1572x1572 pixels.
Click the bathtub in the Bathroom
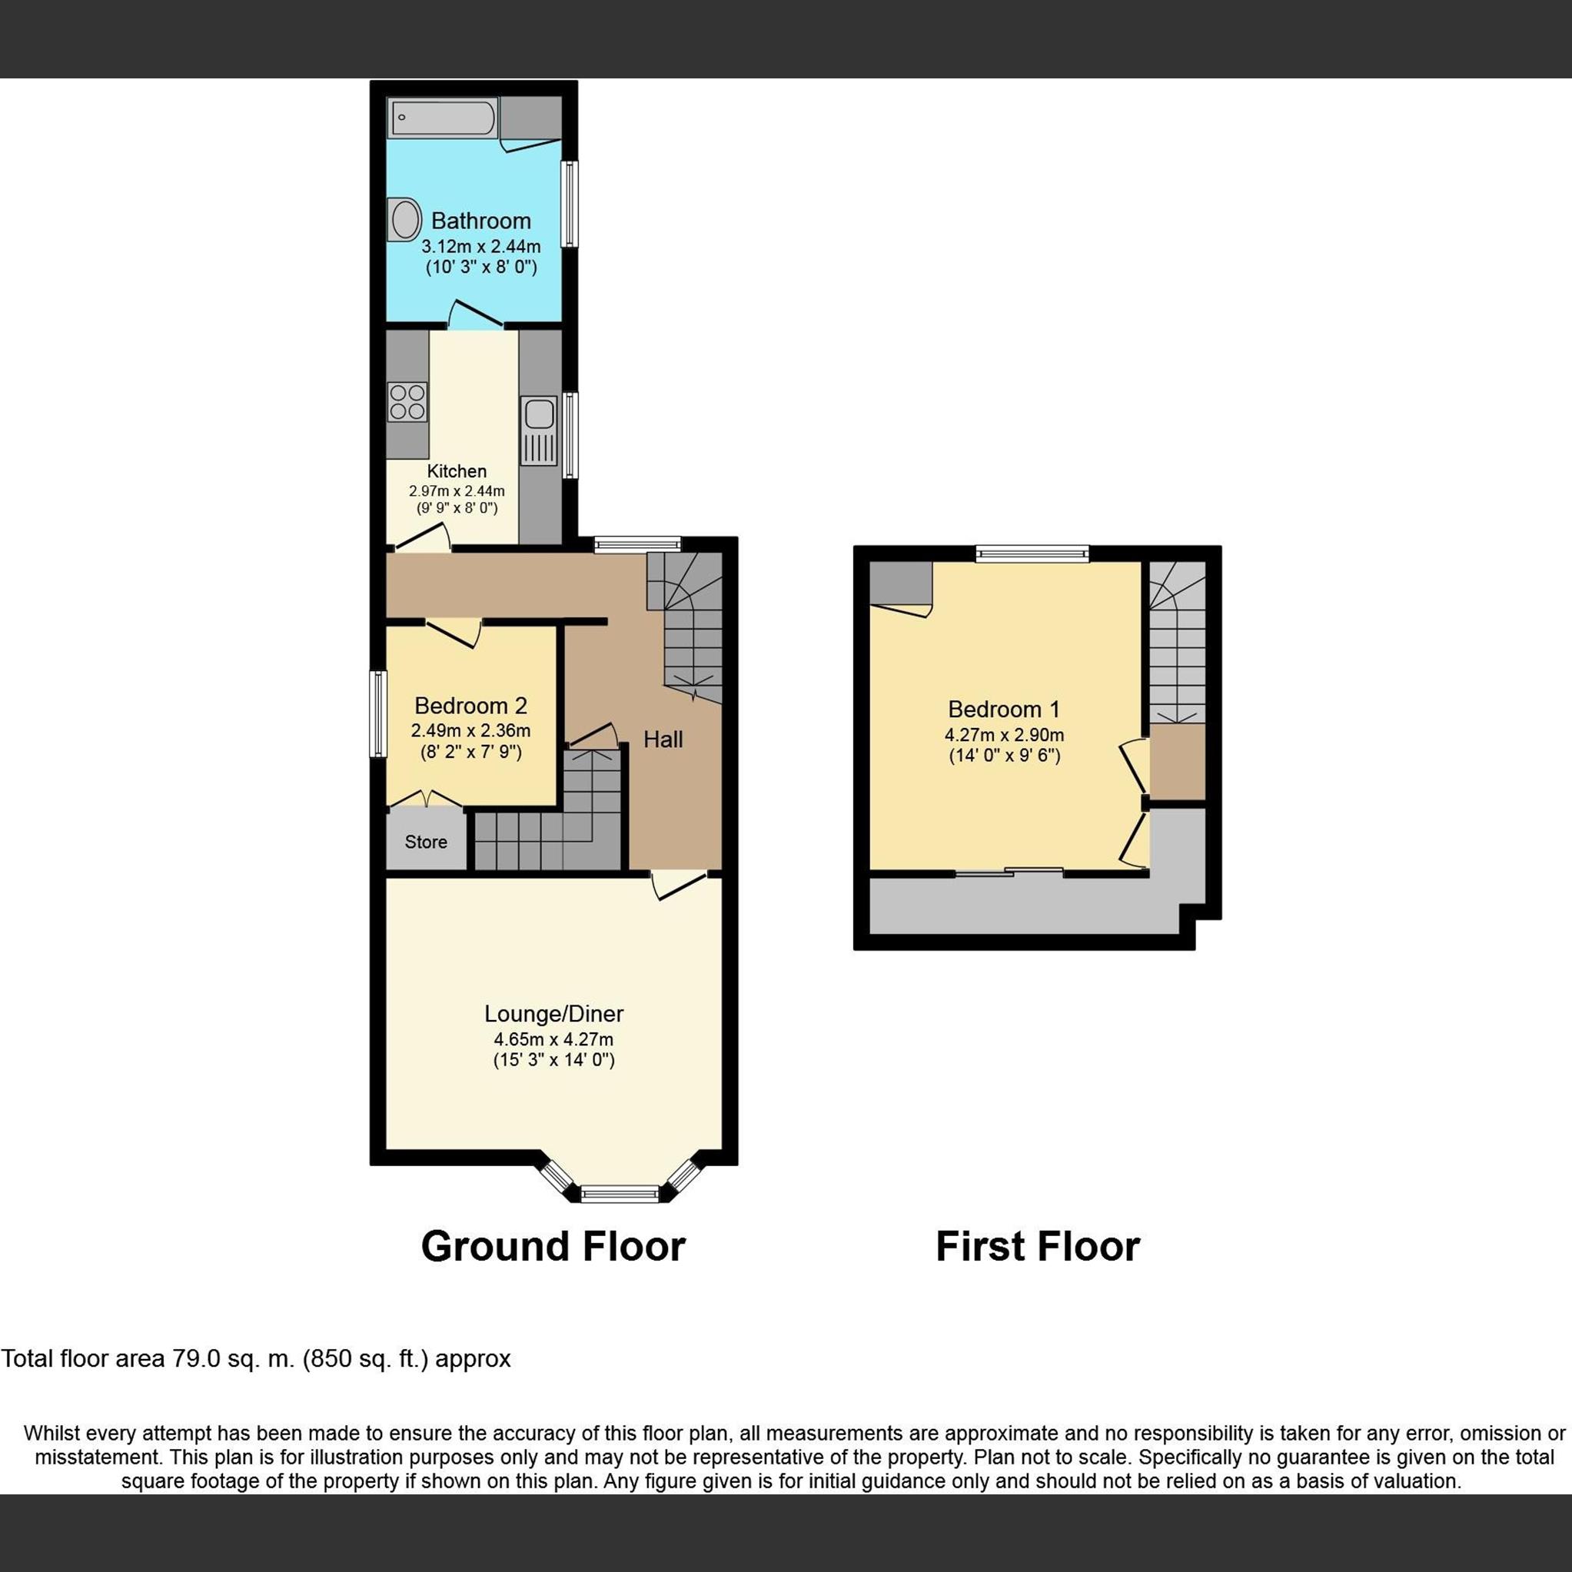pos(443,118)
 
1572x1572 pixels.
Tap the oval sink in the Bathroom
pos(404,220)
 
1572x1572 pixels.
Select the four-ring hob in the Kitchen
pos(407,401)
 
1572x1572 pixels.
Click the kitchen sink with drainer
pos(539,430)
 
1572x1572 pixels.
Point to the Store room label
pos(426,842)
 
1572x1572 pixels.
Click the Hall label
pos(663,739)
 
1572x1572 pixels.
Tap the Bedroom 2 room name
pos(470,706)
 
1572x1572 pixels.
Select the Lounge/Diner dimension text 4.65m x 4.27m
pos(553,1039)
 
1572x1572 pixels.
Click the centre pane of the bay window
pos(620,1194)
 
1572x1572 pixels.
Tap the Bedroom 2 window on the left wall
pos(377,713)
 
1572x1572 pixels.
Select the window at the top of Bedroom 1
pos(1032,554)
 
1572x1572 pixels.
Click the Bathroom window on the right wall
pos(571,204)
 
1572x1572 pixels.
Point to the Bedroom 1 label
pos(1003,709)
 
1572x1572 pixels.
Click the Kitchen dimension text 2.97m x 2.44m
pos(457,490)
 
